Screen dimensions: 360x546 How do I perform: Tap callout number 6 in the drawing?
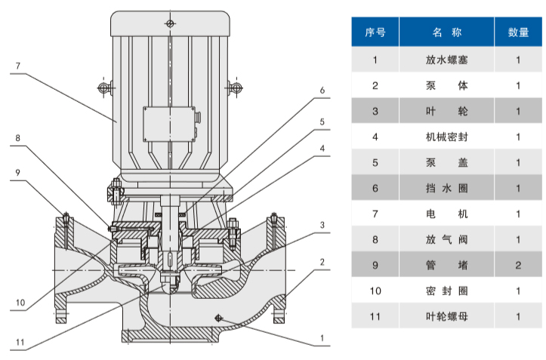[x=322, y=91]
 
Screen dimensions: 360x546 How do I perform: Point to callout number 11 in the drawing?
[x=20, y=342]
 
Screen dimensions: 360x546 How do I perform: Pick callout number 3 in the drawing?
[x=322, y=225]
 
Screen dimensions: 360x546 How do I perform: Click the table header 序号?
[x=375, y=32]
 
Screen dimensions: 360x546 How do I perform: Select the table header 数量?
[x=518, y=32]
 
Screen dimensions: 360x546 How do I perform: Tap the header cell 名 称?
[x=446, y=32]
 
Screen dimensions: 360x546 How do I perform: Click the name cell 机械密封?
[x=446, y=137]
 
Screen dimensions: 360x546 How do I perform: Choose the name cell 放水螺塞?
[x=446, y=59]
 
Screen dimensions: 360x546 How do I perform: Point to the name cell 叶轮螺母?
[x=446, y=317]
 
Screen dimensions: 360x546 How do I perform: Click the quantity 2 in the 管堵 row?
[x=518, y=265]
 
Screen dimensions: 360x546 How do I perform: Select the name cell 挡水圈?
[x=446, y=188]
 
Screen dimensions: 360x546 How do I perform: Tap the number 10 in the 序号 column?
[x=375, y=291]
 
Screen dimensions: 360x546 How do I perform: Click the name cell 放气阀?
[x=446, y=239]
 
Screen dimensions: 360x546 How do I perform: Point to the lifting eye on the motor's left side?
[x=103, y=88]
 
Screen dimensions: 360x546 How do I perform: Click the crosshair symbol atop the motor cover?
[x=170, y=25]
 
